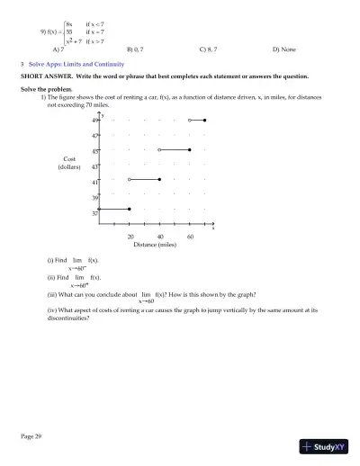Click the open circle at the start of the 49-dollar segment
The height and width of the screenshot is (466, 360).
click(x=189, y=120)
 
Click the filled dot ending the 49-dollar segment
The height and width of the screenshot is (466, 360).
click(x=205, y=120)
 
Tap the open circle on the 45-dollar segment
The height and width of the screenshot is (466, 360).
click(x=159, y=149)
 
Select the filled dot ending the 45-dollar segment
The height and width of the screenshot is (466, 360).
click(x=190, y=149)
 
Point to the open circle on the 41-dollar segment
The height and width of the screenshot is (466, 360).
click(x=130, y=179)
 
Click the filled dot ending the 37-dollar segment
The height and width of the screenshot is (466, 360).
click(x=130, y=209)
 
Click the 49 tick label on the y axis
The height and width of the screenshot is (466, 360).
click(x=94, y=121)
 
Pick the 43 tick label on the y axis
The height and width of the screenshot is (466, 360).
click(x=94, y=166)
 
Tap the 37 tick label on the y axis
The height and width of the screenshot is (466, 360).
click(x=94, y=213)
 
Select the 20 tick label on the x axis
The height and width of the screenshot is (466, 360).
click(x=130, y=236)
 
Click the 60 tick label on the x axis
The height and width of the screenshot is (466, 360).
click(x=190, y=236)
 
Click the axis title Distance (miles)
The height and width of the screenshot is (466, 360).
click(x=158, y=245)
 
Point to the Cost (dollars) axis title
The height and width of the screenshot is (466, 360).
click(x=69, y=163)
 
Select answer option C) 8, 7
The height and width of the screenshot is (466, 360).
click(x=209, y=49)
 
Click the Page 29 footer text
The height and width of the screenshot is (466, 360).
click(x=31, y=435)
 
